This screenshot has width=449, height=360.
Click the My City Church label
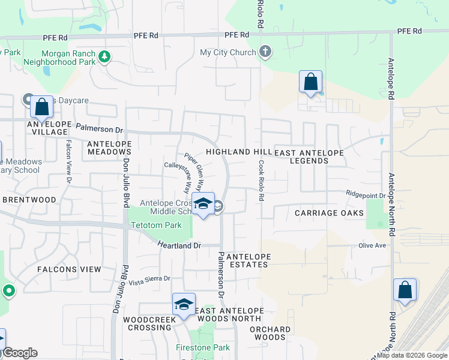[x=228, y=53]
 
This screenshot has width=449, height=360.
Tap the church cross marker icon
[x=265, y=52]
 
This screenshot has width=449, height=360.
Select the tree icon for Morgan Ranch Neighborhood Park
[x=105, y=57]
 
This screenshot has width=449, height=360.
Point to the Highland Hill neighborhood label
[x=238, y=152]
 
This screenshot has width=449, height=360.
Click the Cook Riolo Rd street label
[x=262, y=180]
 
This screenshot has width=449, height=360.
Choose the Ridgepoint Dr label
[x=364, y=194]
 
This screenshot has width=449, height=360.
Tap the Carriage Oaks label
[x=330, y=213]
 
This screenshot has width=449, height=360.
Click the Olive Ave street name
[x=372, y=245]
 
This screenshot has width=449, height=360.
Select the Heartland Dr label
[x=179, y=245]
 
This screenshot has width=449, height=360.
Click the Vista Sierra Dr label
[x=150, y=279]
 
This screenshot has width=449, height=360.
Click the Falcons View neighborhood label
[x=69, y=269]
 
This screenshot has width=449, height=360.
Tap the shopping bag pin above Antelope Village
[x=42, y=108]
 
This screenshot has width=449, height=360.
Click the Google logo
[x=20, y=353]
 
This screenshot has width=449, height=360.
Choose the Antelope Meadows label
[x=109, y=148]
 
